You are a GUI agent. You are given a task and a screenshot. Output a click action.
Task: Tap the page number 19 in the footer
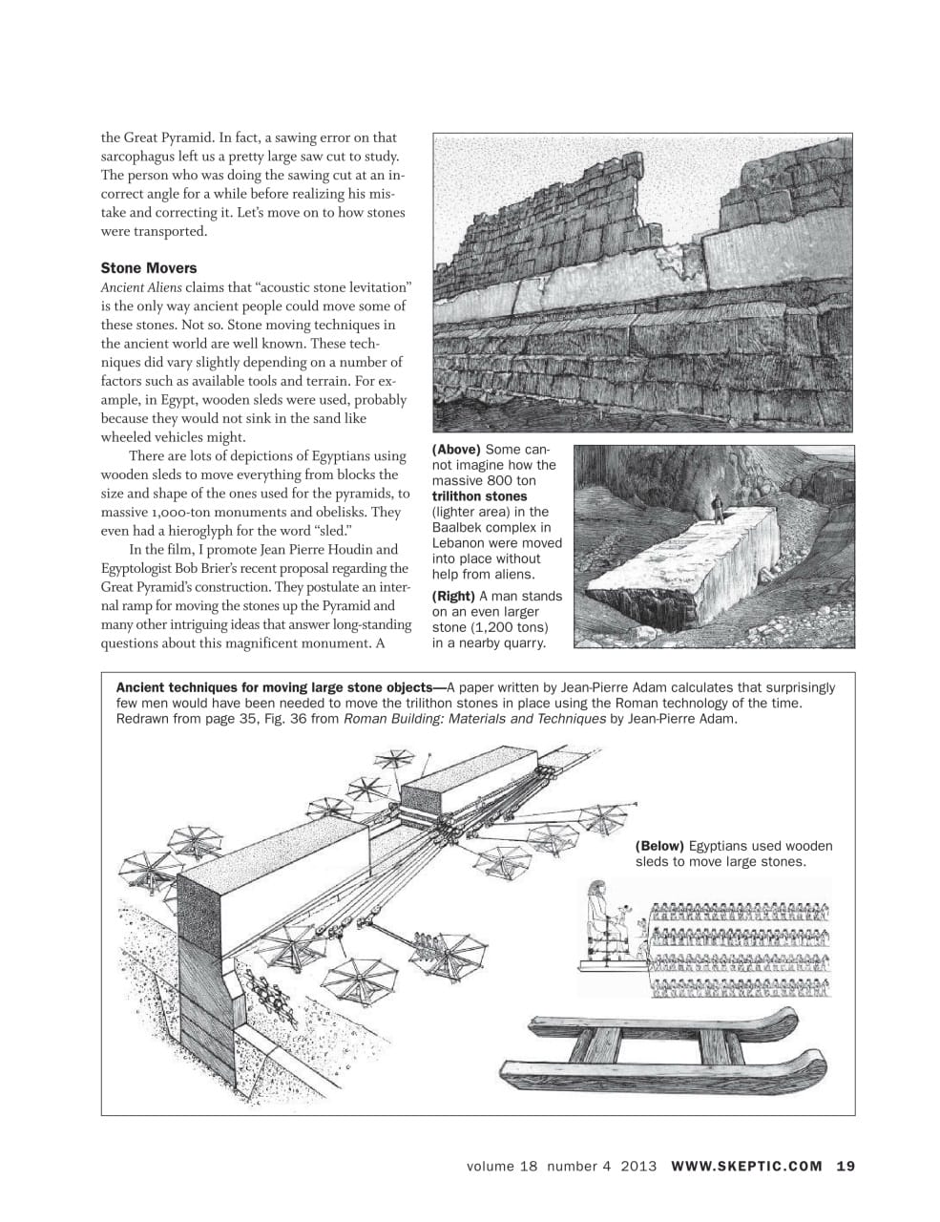click(x=846, y=1166)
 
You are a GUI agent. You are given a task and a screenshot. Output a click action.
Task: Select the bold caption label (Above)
click(x=457, y=450)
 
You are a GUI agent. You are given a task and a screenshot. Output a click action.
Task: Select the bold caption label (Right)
click(x=454, y=597)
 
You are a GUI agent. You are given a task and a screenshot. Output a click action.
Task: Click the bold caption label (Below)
click(x=659, y=846)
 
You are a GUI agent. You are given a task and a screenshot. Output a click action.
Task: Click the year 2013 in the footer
click(x=638, y=1166)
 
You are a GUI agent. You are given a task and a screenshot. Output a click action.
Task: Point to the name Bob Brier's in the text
click(x=214, y=569)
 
